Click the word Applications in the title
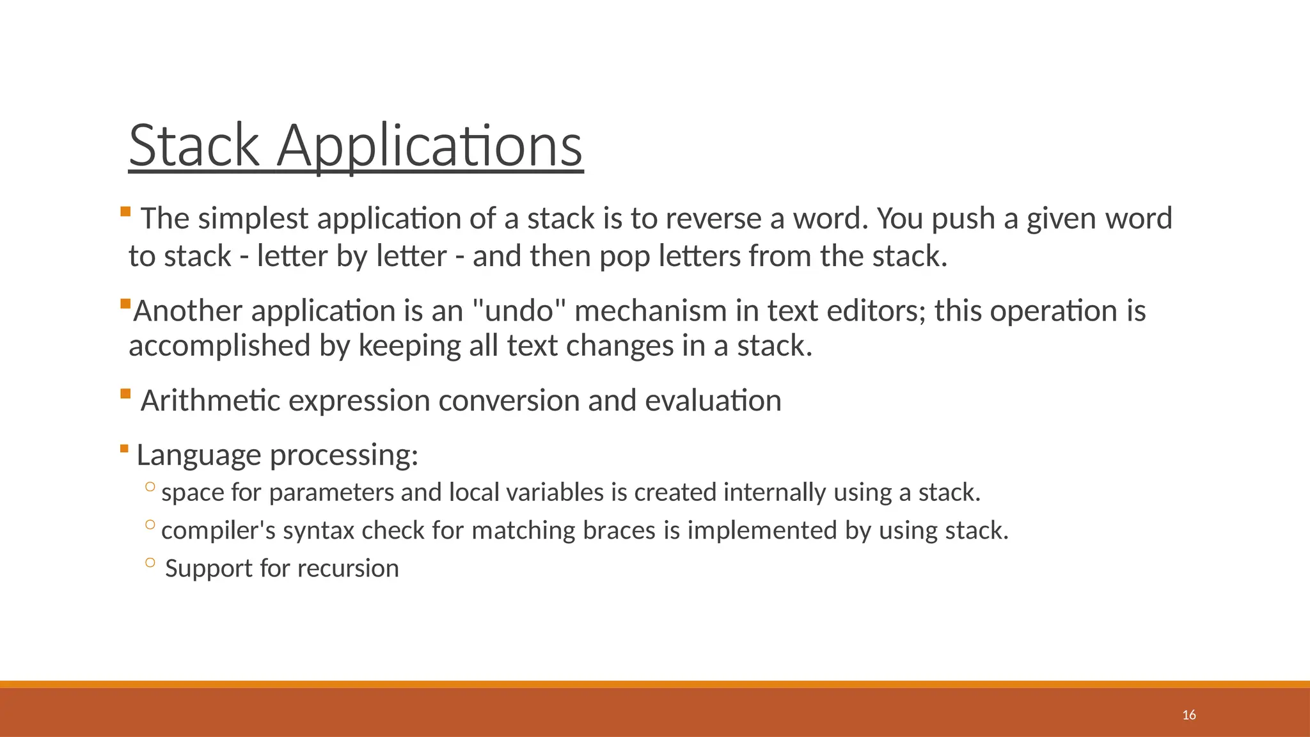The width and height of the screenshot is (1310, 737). coord(429,147)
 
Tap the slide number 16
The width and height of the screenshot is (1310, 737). coord(1188,715)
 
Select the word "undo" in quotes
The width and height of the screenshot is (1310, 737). coord(519,312)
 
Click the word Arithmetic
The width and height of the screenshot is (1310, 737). coord(210,401)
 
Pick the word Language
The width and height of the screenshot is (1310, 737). coord(198,456)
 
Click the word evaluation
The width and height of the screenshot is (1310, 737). coord(713,401)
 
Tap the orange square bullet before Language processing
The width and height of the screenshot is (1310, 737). coord(124,448)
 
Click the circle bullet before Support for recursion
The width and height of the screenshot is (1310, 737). coord(150,562)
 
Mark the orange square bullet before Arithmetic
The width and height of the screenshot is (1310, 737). coord(125,393)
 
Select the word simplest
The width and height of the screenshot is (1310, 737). coord(253,219)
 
